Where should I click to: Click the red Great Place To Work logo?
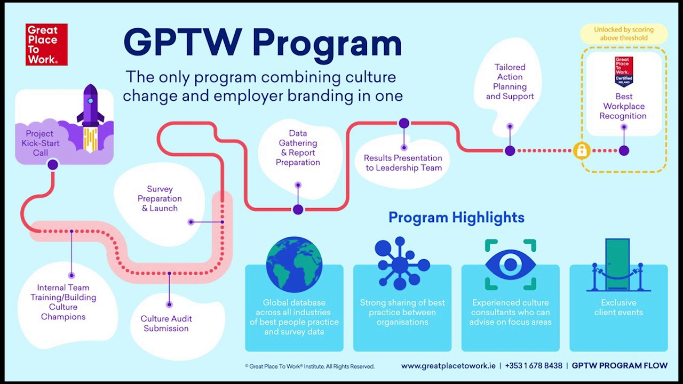coord(46,45)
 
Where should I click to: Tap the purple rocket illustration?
coord(90,115)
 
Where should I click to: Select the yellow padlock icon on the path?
coord(582,151)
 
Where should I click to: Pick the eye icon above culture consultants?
coord(510,265)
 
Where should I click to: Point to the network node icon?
coord(401,264)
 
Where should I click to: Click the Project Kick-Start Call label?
coord(40,143)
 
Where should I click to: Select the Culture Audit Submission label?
coord(166,323)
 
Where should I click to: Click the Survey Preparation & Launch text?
coord(160,198)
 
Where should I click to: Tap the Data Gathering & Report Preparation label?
coord(298,148)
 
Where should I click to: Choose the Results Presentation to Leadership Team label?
coord(403,163)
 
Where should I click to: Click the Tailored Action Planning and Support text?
coord(510,82)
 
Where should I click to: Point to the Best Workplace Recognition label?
coord(623,106)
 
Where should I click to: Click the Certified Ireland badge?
coord(623,71)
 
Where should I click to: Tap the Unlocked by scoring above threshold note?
coord(623,34)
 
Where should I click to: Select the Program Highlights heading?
coord(456,218)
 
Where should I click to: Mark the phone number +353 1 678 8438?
coord(534,366)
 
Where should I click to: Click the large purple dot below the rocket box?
coord(52,165)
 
